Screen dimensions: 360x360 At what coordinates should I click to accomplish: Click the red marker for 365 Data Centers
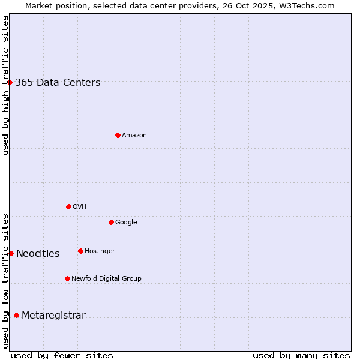click(x=10, y=82)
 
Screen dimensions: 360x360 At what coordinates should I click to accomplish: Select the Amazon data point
click(x=118, y=135)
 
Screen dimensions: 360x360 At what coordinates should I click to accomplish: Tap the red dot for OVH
click(x=68, y=206)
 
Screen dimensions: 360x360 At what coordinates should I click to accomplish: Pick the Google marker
click(x=111, y=222)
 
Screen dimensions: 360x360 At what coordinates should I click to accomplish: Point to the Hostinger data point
click(x=80, y=251)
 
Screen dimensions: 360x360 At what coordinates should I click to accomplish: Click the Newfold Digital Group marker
click(x=67, y=278)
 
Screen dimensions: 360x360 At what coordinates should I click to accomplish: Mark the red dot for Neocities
click(x=11, y=253)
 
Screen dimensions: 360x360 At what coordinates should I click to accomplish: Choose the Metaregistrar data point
click(x=16, y=315)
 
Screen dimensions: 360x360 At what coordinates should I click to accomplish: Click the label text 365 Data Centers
click(x=58, y=83)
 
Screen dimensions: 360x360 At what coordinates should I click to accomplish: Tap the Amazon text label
click(x=134, y=136)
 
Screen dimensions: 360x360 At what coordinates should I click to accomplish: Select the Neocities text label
click(x=38, y=254)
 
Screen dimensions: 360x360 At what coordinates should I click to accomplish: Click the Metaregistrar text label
click(x=53, y=316)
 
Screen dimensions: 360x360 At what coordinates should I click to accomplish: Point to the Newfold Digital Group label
click(x=106, y=278)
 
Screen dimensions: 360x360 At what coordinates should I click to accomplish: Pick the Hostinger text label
click(x=100, y=251)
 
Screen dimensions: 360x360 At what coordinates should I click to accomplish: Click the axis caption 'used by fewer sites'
click(x=62, y=355)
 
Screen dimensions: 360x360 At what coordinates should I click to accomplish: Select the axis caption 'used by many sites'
click(x=301, y=355)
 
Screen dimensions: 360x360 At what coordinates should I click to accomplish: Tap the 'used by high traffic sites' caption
click(x=5, y=85)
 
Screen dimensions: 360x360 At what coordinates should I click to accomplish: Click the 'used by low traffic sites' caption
click(x=5, y=280)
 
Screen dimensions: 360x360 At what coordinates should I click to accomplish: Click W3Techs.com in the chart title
click(x=309, y=6)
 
